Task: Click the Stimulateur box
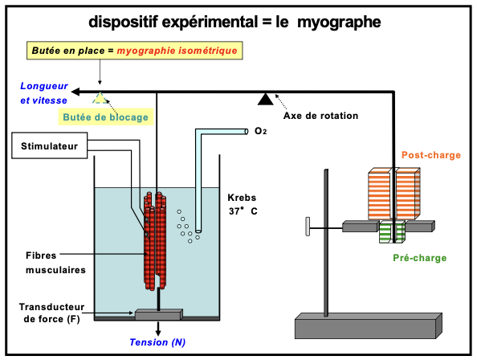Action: (49, 145)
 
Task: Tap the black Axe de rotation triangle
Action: (265, 100)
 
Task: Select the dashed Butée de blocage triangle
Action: (100, 98)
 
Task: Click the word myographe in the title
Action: (339, 22)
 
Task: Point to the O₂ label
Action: (260, 131)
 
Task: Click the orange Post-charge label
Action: (431, 155)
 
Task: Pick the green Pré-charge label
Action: (420, 258)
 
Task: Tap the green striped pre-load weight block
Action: (392, 232)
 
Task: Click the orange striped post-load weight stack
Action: (394, 193)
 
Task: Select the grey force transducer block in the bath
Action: (159, 314)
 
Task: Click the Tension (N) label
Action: (157, 342)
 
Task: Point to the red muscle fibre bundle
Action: (155, 240)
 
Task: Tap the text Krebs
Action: (242, 198)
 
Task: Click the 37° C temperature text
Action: (243, 211)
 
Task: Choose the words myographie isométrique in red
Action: (177, 51)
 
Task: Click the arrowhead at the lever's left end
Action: (75, 92)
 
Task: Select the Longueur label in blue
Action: (44, 86)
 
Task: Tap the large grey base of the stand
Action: (369, 325)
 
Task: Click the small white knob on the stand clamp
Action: (308, 227)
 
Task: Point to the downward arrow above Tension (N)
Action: (158, 329)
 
